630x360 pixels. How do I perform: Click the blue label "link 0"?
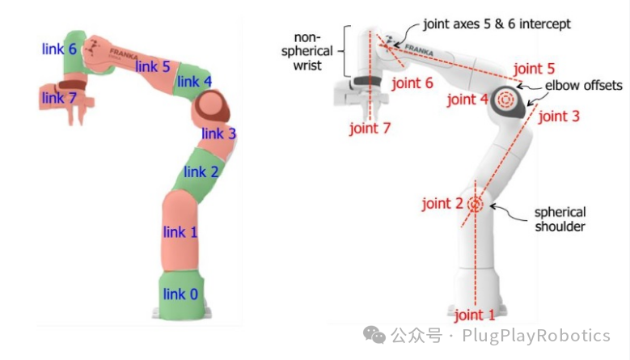tap(180, 294)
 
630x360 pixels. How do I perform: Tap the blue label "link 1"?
tap(180, 232)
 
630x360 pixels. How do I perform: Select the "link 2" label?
tap(201, 172)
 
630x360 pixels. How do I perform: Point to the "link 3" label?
tap(218, 133)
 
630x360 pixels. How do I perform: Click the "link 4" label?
tap(194, 82)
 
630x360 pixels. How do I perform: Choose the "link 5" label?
tap(152, 66)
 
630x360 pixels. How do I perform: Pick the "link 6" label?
tap(59, 49)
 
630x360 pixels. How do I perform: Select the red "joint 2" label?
tap(441, 204)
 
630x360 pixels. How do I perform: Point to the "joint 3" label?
tap(559, 116)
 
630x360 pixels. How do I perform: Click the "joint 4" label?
tap(467, 100)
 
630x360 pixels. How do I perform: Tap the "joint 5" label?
tap(534, 69)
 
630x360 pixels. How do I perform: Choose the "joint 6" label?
tap(412, 83)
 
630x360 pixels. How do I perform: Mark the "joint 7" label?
tap(370, 128)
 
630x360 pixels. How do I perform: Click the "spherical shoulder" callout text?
tap(559, 219)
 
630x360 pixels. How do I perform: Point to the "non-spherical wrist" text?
tap(311, 52)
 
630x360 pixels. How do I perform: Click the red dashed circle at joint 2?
tap(474, 204)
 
